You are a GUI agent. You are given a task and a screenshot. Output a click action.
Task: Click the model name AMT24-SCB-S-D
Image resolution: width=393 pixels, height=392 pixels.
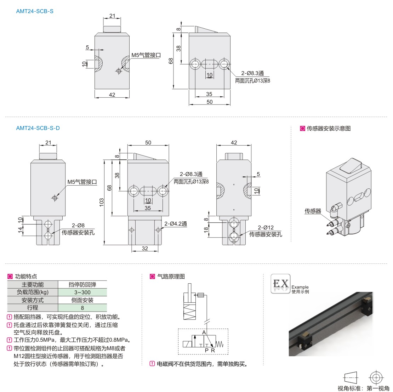click(x=38, y=128)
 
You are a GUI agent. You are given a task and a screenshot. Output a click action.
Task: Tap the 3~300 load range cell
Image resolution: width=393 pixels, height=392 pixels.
click(x=82, y=292)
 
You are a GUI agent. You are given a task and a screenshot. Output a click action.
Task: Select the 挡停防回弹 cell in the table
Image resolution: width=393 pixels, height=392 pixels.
click(x=82, y=284)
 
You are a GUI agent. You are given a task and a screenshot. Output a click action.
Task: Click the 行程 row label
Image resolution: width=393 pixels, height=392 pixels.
click(x=33, y=308)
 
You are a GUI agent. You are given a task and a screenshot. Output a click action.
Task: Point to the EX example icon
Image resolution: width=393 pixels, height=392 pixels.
click(x=280, y=284)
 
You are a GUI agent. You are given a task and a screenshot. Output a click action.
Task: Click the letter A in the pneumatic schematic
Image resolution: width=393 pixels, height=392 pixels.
click(x=204, y=333)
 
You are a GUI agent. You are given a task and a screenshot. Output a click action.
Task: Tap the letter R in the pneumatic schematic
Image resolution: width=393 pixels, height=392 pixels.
click(x=213, y=350)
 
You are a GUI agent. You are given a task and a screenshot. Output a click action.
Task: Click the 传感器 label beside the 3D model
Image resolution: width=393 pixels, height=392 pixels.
click(x=313, y=211)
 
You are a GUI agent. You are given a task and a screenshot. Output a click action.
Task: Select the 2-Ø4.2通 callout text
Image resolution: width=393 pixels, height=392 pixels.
click(x=175, y=223)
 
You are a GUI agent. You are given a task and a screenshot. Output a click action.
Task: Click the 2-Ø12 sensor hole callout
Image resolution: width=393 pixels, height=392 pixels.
click(x=266, y=228)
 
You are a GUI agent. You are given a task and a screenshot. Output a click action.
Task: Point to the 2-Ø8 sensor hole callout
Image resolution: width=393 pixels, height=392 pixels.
click(x=78, y=226)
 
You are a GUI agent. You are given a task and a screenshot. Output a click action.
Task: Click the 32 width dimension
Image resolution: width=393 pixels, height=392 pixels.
click(x=145, y=248)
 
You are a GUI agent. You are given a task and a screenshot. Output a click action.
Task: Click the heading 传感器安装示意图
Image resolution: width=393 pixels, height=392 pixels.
click(x=329, y=129)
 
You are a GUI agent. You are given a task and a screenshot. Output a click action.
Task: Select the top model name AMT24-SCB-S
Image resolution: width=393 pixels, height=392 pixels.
click(x=35, y=11)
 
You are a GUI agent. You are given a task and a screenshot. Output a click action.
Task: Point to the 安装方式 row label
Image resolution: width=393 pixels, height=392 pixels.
click(x=33, y=300)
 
